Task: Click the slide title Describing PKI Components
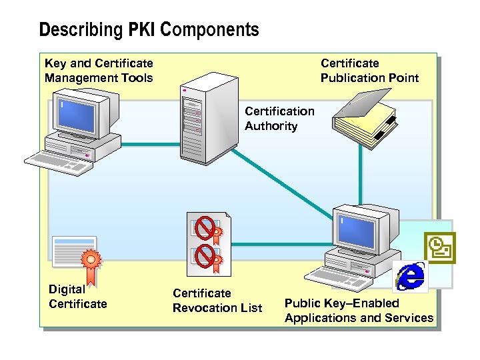click(149, 30)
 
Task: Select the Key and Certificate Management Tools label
click(99, 71)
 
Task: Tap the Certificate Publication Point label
click(369, 71)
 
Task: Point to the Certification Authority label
click(279, 119)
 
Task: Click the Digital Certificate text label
click(77, 297)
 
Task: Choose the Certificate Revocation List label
click(217, 301)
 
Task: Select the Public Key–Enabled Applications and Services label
click(359, 311)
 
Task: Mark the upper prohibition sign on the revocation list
click(207, 228)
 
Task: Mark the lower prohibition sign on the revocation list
click(207, 254)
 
